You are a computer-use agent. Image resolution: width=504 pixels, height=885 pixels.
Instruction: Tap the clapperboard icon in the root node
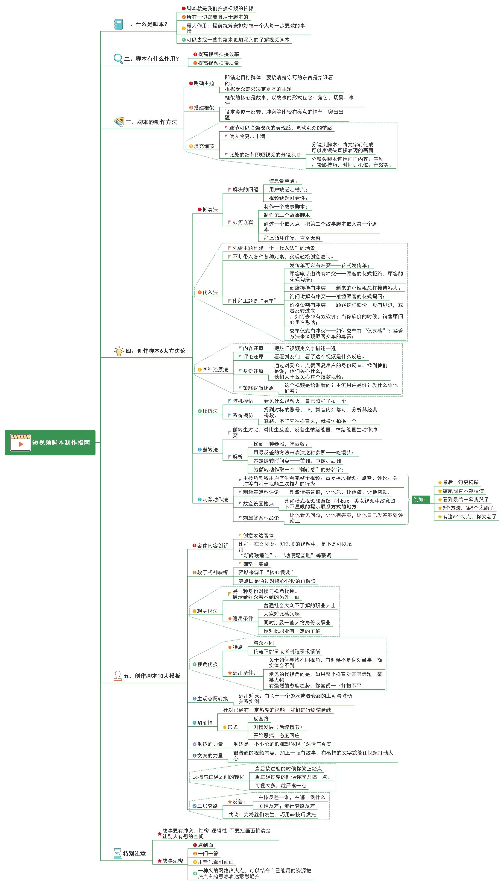point(21,442)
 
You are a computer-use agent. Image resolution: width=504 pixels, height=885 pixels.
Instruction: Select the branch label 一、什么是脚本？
point(146,24)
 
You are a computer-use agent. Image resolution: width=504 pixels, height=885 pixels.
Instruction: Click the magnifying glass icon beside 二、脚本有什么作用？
point(118,59)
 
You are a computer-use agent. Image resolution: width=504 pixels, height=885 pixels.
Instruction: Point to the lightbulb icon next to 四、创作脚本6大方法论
point(119,351)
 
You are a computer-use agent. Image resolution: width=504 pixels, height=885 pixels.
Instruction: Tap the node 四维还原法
point(215,369)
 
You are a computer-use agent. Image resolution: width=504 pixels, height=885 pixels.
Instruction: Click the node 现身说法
point(207,611)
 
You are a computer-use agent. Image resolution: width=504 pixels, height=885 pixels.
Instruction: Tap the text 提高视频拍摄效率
point(218,54)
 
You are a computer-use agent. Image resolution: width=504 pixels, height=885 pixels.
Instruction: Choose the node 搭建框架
point(204,108)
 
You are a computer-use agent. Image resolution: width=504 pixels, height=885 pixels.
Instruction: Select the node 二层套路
point(207,806)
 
